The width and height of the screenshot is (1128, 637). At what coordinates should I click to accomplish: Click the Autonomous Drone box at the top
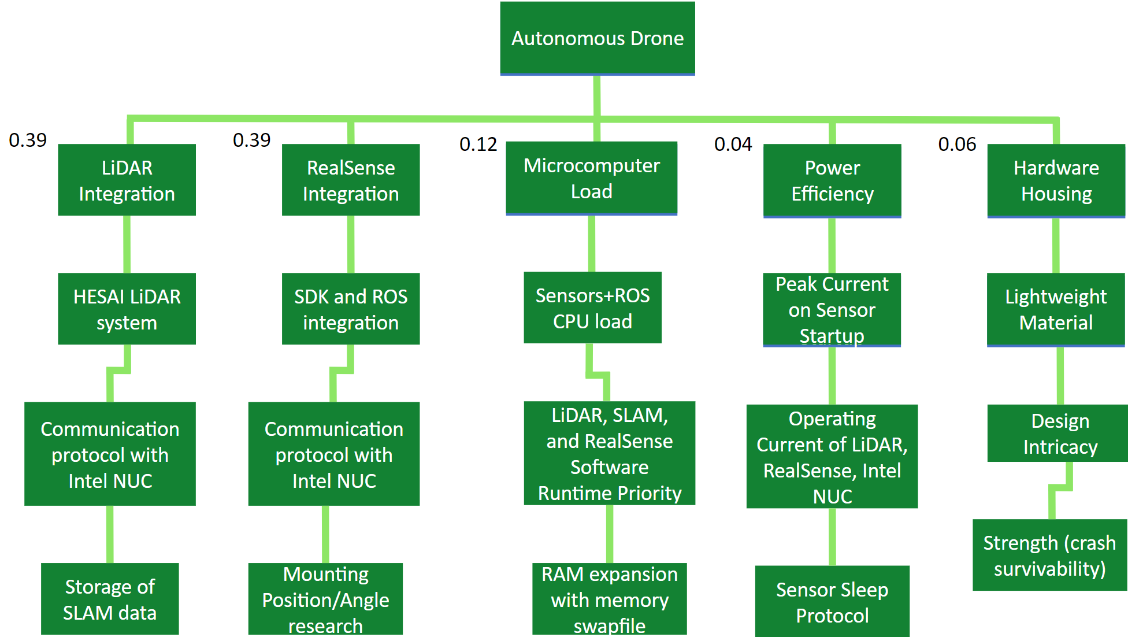pos(598,38)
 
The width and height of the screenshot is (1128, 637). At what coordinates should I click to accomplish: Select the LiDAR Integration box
pos(127,180)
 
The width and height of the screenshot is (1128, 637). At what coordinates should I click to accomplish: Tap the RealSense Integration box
pos(351,180)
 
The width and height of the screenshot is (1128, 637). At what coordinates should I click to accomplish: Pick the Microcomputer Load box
pos(591,178)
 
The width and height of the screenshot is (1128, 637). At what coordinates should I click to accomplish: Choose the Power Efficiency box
pos(832,181)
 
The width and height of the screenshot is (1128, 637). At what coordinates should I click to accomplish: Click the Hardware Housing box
pos(1056,181)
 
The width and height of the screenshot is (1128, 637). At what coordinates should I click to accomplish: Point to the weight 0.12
pos(478,145)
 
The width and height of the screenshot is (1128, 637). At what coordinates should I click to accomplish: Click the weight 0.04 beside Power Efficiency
pos(733,145)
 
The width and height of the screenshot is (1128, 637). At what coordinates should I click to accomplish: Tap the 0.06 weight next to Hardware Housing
pos(957,145)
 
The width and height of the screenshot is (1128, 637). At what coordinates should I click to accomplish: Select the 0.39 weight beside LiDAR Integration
pos(28,140)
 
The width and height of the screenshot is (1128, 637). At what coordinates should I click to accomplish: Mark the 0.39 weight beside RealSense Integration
pos(251,140)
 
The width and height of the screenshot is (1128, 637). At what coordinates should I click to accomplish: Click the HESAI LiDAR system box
pos(127,309)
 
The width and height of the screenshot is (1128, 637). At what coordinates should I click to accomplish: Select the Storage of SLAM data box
pos(110,599)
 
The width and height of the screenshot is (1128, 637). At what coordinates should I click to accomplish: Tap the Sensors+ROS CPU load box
pos(592,308)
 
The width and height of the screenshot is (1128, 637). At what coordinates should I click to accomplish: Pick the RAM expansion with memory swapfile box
pos(610,599)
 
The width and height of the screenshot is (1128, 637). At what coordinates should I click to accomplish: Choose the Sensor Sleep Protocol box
pos(832,601)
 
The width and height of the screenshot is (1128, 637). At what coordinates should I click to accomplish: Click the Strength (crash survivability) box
pos(1050,555)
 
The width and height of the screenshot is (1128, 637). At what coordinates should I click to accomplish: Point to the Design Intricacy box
pos(1057,434)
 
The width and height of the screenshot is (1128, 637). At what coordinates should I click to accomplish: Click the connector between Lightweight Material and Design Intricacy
pos(1060,376)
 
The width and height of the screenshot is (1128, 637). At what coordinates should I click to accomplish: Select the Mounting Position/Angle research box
pos(325,599)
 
